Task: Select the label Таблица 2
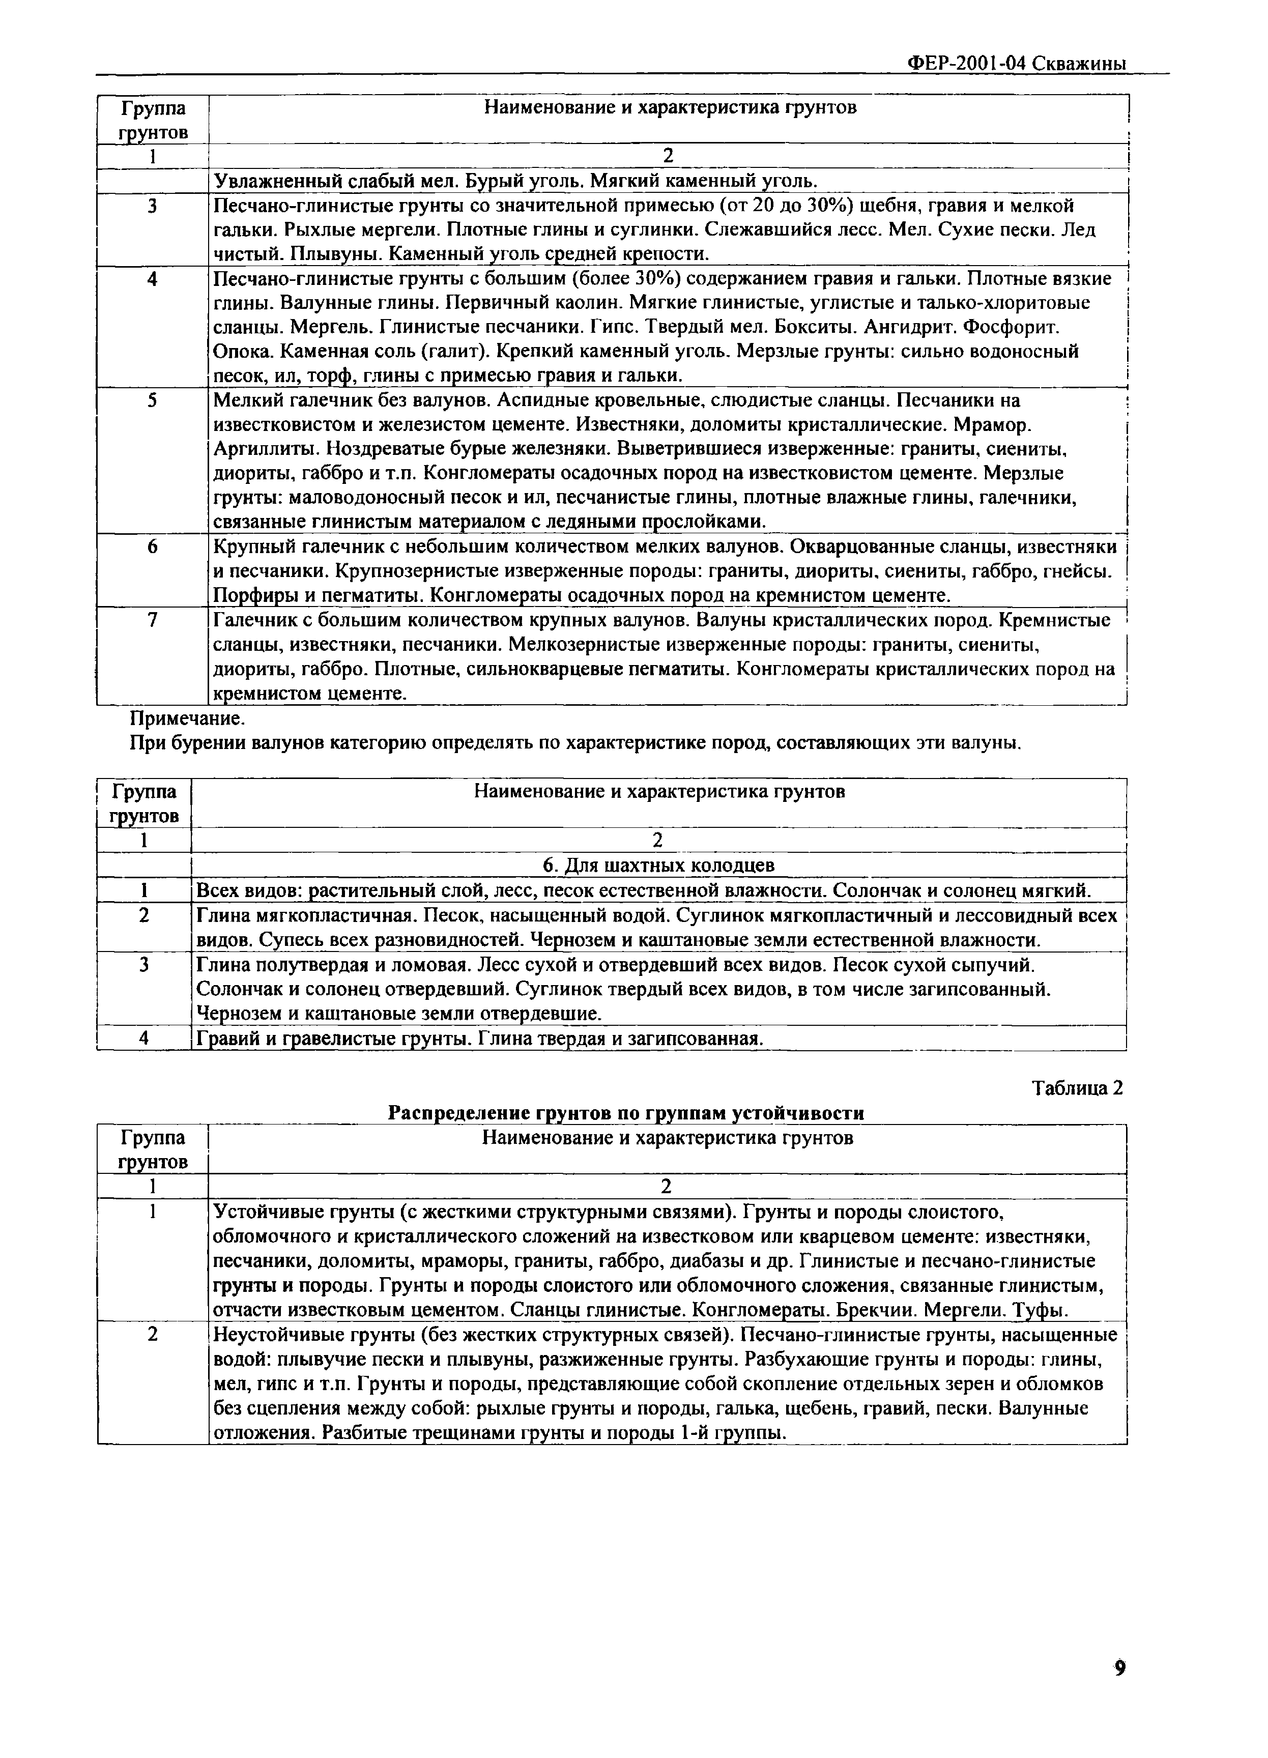click(1077, 1088)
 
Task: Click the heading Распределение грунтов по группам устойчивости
click(625, 1113)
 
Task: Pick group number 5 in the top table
click(153, 400)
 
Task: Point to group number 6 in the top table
click(153, 546)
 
